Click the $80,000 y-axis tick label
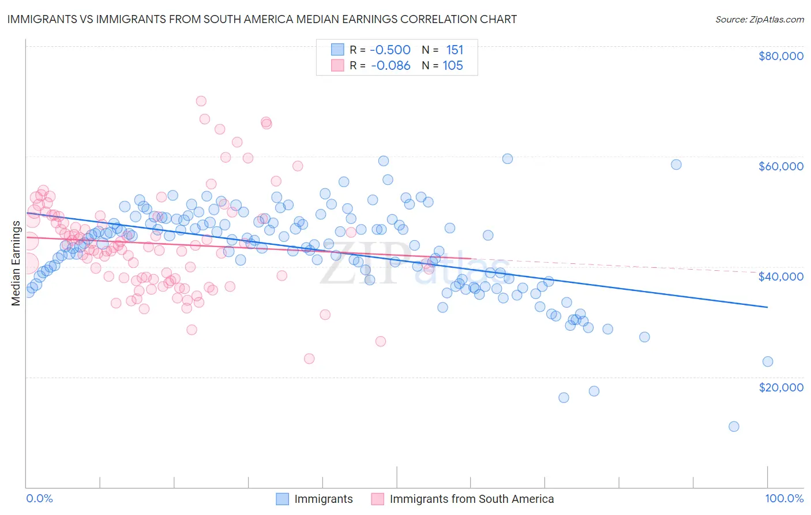[x=780, y=56]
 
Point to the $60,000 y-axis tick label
[x=780, y=166]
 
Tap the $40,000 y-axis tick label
[x=780, y=277]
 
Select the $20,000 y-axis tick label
[x=780, y=387]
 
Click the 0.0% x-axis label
[x=39, y=499]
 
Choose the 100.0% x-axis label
[x=784, y=499]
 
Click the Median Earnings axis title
[x=16, y=263]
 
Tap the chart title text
[x=262, y=19]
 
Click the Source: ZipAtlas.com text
[x=759, y=19]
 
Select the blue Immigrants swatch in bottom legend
[x=282, y=499]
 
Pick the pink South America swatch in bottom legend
[x=378, y=499]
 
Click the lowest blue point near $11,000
[x=734, y=427]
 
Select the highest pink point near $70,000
[x=201, y=101]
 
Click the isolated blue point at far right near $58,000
[x=676, y=165]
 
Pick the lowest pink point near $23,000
[x=309, y=359]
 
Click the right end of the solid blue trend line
[x=767, y=307]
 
